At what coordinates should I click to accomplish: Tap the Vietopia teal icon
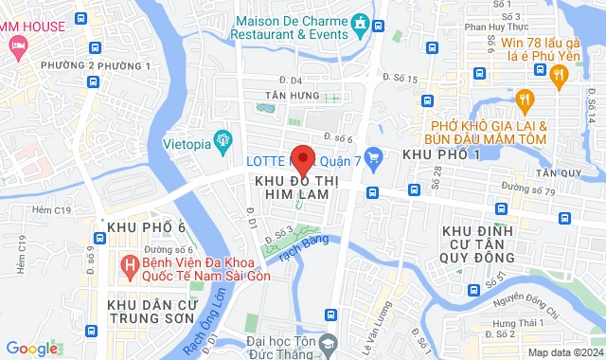pyautogui.click(x=223, y=141)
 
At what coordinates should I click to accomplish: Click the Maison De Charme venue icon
pyautogui.click(x=360, y=23)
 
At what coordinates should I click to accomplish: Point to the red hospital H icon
pyautogui.click(x=130, y=261)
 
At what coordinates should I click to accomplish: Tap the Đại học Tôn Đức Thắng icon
pyautogui.click(x=329, y=342)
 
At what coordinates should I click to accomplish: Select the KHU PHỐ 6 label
pyautogui.click(x=146, y=228)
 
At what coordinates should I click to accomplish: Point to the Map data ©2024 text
pyautogui.click(x=564, y=352)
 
